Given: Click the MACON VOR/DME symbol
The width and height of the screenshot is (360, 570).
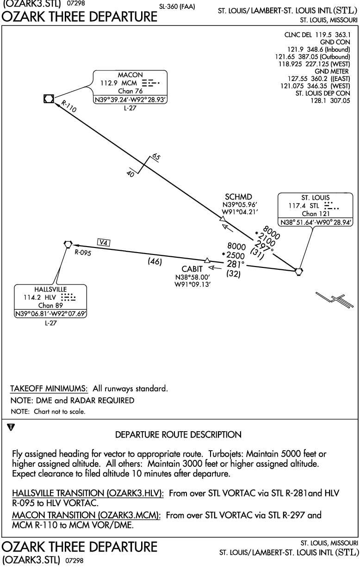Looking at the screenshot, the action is click(x=49, y=99).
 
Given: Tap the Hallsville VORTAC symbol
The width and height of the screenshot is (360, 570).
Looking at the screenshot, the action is click(x=68, y=244).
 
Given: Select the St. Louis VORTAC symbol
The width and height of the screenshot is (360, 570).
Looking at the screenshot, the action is click(x=298, y=272).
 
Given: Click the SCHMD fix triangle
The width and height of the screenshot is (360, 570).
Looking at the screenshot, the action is click(x=223, y=218).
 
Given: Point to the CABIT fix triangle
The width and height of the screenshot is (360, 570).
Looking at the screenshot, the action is click(x=207, y=260).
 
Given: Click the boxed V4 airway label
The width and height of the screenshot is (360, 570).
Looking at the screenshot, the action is click(x=104, y=242).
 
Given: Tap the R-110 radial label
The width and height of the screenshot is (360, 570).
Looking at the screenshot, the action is click(x=68, y=106).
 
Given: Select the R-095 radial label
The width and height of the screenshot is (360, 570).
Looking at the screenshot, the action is click(x=83, y=253).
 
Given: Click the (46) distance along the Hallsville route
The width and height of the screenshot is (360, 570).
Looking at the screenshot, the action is click(x=155, y=261).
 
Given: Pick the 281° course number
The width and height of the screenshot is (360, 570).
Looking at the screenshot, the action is click(x=236, y=264).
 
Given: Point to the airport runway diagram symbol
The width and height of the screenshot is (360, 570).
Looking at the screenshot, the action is click(x=335, y=300).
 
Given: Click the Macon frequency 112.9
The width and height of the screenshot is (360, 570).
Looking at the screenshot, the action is click(x=109, y=83).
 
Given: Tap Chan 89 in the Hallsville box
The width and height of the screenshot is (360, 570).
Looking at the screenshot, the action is click(x=50, y=305).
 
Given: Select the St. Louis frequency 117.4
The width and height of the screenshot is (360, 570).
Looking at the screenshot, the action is click(x=297, y=205).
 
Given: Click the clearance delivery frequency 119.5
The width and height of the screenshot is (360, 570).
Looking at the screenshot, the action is click(x=323, y=35).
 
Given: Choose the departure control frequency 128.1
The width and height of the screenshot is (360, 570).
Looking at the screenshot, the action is click(x=318, y=100).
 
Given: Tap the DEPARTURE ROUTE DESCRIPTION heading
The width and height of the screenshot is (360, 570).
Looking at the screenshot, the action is click(x=178, y=434).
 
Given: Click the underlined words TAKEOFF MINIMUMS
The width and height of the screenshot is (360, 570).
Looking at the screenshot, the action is click(x=49, y=389).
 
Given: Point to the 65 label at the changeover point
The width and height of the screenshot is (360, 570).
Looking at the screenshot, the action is click(x=156, y=157).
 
